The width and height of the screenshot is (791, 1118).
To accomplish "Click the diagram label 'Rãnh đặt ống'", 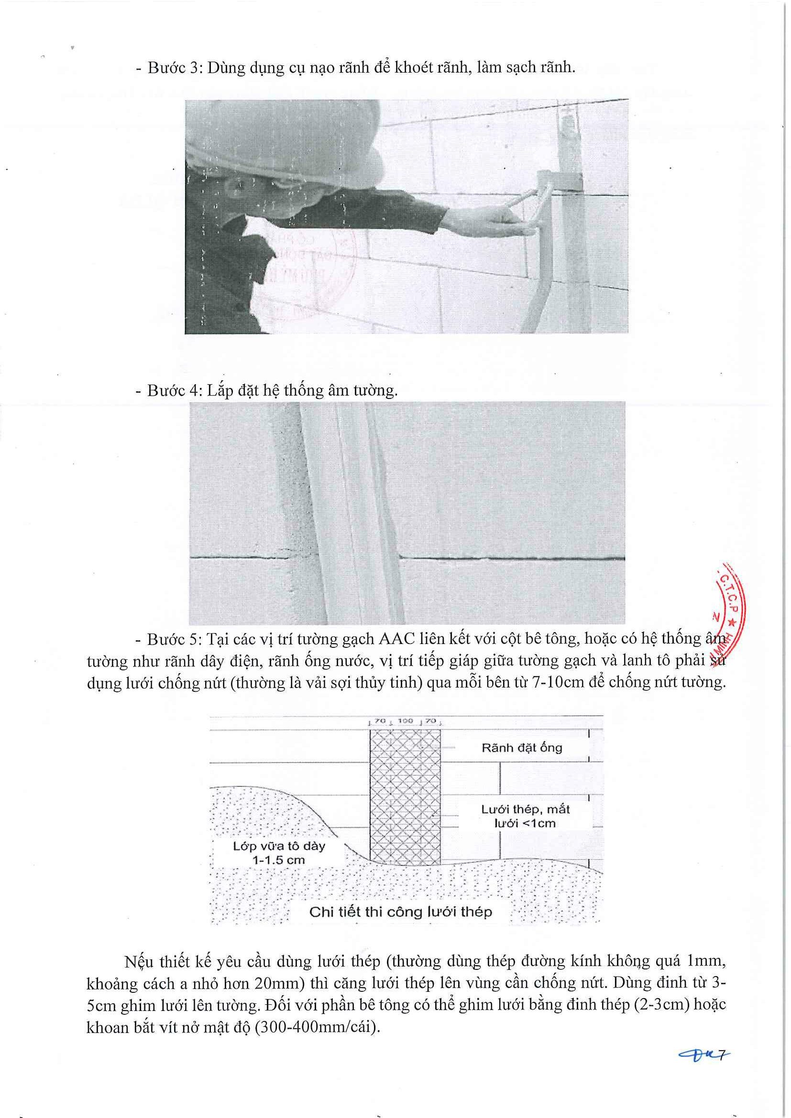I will point(521,747).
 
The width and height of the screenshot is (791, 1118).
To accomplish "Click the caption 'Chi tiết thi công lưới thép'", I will point(401,912).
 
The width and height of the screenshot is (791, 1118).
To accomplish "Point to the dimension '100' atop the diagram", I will point(406,720).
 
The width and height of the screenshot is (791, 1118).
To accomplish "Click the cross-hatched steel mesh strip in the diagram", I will point(405,798).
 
